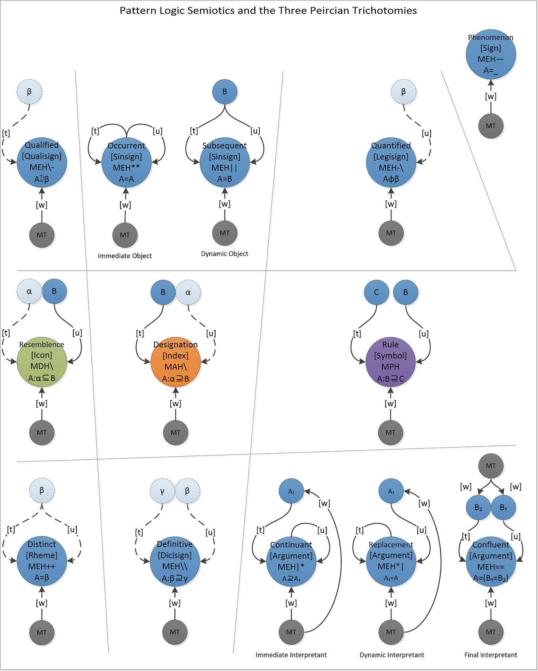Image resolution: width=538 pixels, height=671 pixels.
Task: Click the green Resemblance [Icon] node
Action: (x=42, y=362)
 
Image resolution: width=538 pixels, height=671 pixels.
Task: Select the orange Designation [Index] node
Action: (x=176, y=362)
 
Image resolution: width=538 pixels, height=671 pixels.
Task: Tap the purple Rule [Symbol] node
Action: (x=390, y=362)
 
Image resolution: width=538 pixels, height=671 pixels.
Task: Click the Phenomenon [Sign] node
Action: (x=490, y=54)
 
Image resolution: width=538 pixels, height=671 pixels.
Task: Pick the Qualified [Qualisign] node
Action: (x=42, y=162)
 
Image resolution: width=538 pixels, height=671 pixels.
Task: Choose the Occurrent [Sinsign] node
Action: (x=126, y=162)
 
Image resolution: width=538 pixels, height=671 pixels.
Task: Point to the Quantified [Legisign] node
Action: (x=391, y=162)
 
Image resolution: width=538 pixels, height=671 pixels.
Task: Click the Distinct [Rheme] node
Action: (x=42, y=561)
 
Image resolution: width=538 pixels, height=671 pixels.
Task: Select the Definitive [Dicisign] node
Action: (x=175, y=561)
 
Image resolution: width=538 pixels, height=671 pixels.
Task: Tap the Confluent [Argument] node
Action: (x=490, y=561)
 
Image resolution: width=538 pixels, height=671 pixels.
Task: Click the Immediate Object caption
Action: (x=125, y=256)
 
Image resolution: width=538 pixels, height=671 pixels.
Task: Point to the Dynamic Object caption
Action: (x=225, y=254)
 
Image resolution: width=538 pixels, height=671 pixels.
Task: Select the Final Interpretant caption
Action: (x=490, y=655)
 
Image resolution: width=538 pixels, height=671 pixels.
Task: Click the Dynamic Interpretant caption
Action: (x=392, y=655)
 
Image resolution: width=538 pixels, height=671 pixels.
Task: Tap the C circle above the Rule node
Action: (x=376, y=292)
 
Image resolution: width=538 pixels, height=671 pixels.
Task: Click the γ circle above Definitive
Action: (x=162, y=491)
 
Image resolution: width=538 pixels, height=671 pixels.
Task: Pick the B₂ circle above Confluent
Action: (x=478, y=507)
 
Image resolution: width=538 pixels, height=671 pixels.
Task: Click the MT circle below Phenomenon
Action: (x=490, y=126)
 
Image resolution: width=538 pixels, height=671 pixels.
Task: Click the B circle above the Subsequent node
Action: (x=225, y=92)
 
